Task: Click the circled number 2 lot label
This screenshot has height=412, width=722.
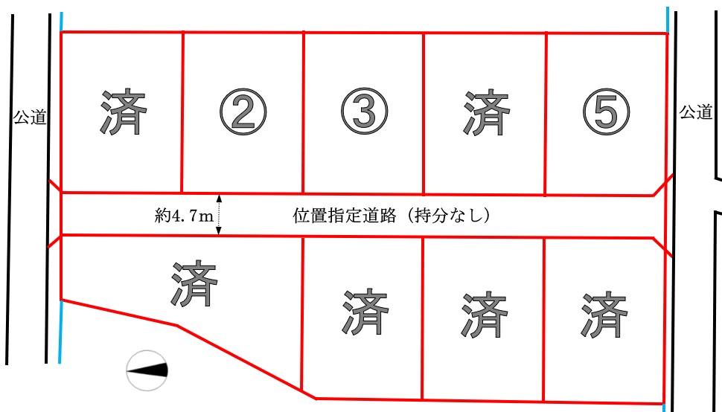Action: (243, 112)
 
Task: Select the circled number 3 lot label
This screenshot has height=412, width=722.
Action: (364, 112)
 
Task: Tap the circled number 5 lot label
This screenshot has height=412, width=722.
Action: (606, 112)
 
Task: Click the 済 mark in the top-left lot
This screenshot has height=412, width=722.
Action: (123, 112)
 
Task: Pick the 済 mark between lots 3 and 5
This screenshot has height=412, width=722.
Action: (486, 112)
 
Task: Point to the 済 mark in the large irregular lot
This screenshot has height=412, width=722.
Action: (194, 283)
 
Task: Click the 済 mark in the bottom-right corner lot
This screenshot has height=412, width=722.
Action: (604, 315)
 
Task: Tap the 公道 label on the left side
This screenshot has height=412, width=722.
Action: (30, 118)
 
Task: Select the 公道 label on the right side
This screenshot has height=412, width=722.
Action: (696, 112)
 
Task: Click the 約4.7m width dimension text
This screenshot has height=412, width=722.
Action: (184, 215)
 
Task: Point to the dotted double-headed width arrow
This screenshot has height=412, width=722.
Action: (219, 215)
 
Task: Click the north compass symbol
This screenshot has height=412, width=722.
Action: (147, 370)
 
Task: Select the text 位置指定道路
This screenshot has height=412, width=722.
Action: (345, 215)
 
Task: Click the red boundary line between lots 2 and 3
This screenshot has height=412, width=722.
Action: (304, 112)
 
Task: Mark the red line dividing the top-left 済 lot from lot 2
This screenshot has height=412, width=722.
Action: (183, 112)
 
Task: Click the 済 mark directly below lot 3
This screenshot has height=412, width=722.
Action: (365, 312)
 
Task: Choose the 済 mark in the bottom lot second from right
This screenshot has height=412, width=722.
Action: (485, 315)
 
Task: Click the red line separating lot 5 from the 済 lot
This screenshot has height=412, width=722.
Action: (546, 114)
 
